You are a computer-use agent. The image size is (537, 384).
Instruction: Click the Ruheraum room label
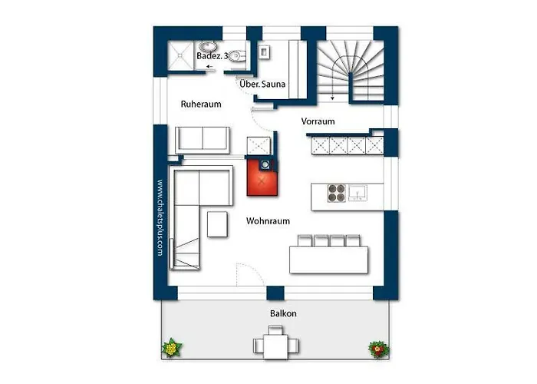[x=201, y=104]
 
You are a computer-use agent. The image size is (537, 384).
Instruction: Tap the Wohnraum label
[x=268, y=221]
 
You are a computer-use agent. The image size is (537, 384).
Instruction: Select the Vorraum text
[x=318, y=121]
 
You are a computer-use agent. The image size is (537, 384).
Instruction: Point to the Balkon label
[x=283, y=313]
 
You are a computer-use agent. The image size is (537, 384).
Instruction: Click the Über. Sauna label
[x=262, y=84]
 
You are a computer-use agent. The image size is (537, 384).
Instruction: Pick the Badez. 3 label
[x=212, y=56]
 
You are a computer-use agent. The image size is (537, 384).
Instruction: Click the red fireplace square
[x=262, y=177]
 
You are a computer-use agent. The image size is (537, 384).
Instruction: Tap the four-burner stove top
[x=336, y=193]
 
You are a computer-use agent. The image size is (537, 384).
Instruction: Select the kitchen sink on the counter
[x=357, y=193]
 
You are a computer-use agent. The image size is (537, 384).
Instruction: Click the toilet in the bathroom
[x=238, y=55]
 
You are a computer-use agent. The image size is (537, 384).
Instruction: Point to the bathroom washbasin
[x=208, y=46]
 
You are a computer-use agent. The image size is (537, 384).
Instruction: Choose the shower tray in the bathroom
[x=180, y=55]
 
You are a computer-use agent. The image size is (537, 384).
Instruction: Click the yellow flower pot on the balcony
[x=172, y=348]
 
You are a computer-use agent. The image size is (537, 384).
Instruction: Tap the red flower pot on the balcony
[x=378, y=349]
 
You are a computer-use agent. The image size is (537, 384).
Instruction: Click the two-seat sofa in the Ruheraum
[x=202, y=141]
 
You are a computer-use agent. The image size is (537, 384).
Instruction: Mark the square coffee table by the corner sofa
[x=217, y=224]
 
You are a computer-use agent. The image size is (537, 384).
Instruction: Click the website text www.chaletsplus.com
[x=160, y=217]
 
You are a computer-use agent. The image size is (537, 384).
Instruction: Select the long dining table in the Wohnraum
[x=329, y=260]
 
